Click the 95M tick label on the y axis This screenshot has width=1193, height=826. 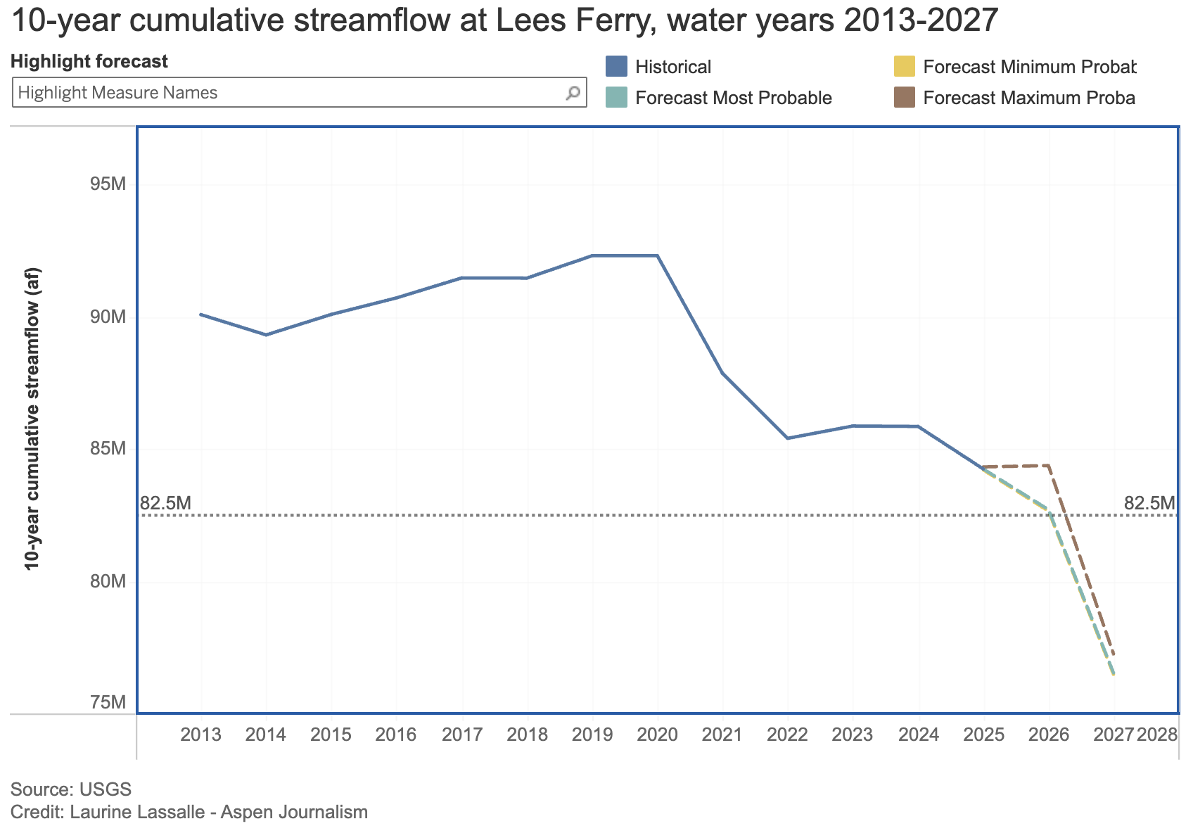pos(108,184)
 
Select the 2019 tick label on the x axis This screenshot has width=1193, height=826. pos(592,735)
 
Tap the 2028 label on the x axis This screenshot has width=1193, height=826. pos(1157,735)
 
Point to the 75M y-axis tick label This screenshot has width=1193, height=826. pos(108,702)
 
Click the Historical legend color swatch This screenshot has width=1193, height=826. pos(616,67)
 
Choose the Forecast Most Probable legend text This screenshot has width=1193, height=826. pos(733,98)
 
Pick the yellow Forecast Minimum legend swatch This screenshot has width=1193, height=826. pos(904,67)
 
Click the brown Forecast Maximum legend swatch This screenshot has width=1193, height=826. pos(904,98)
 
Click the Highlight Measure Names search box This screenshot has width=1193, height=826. pos(288,93)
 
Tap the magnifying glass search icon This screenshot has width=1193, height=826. pos(573,93)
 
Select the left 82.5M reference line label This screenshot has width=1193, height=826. pos(166,503)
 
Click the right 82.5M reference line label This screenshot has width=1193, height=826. pos(1149,503)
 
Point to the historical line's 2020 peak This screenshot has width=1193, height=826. pos(658,255)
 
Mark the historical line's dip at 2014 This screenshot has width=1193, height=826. pos(266,334)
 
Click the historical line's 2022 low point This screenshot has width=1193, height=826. pos(788,438)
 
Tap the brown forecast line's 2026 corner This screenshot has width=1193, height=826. pos(1050,465)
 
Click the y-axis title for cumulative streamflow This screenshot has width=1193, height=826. pos(32,419)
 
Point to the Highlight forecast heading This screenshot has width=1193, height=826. pos(89,61)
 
